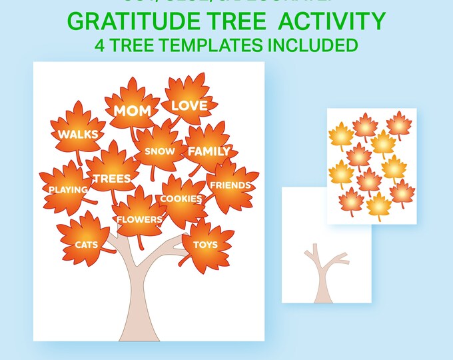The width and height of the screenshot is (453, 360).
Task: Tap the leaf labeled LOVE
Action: click(189, 105)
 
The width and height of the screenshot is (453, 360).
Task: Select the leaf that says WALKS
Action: click(78, 134)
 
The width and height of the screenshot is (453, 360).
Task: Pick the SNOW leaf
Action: click(159, 151)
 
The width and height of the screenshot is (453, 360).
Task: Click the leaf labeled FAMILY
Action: click(208, 151)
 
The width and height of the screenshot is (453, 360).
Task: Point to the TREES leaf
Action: click(112, 178)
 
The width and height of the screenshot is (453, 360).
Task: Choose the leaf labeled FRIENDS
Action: click(230, 185)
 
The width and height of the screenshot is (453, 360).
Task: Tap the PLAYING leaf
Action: click(68, 189)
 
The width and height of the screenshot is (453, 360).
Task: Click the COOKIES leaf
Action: click(181, 199)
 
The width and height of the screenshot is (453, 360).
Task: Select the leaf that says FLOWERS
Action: click(139, 219)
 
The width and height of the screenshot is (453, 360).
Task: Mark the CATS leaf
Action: click(86, 244)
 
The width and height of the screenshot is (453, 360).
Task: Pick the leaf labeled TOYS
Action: click(205, 244)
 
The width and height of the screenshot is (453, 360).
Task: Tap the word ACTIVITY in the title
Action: click(332, 21)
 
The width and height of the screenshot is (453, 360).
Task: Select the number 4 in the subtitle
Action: click(101, 45)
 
